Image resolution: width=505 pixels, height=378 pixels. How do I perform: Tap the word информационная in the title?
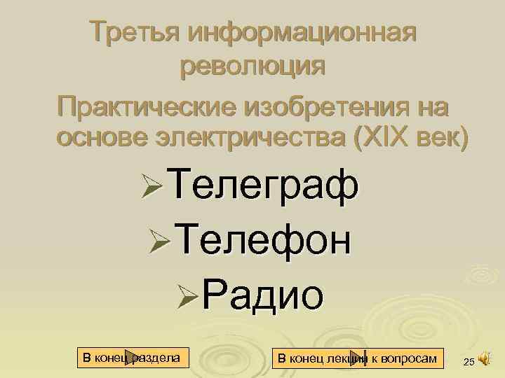302,32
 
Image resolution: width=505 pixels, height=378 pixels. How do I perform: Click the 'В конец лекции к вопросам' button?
357,358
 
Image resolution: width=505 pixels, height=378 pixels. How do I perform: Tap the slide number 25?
469,361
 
